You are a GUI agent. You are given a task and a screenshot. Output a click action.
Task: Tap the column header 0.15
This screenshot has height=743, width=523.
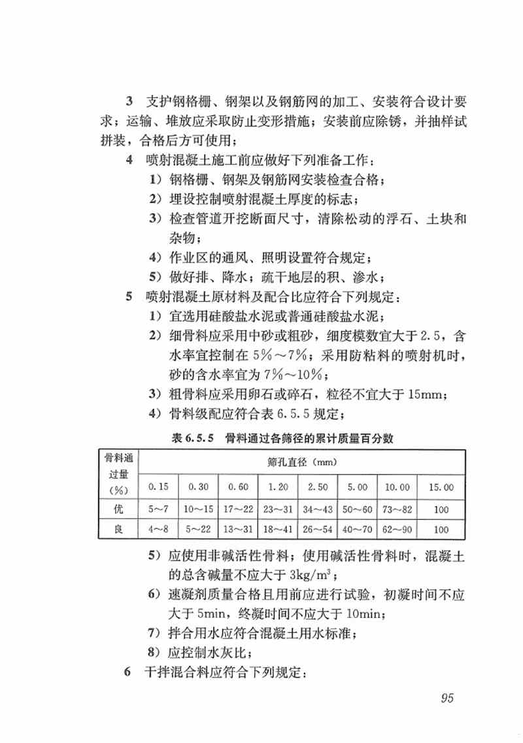[158, 487]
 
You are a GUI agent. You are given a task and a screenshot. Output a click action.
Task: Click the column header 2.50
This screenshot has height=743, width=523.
[318, 487]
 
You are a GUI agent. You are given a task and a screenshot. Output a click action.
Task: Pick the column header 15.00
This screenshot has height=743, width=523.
[441, 487]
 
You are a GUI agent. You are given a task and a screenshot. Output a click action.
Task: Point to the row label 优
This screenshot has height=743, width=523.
[118, 509]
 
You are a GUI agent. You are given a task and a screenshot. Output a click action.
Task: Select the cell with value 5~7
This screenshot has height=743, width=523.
[158, 509]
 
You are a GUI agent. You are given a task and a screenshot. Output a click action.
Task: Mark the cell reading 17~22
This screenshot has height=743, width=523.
[239, 509]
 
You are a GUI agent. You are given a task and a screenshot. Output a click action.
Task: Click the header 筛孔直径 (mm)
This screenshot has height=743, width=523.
[301, 463]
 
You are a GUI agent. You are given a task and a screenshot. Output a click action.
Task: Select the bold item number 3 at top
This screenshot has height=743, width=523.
[129, 102]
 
